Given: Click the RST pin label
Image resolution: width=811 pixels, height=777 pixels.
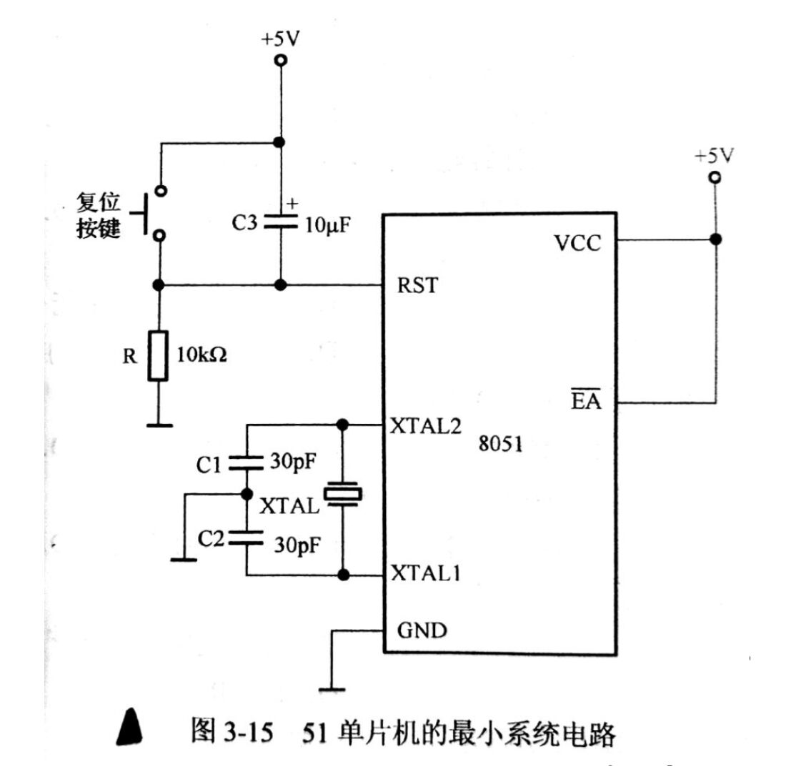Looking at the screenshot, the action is (417, 285).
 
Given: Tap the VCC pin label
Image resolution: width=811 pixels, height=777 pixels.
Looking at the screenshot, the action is (577, 242).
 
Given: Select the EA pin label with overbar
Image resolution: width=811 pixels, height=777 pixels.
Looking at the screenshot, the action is (586, 399).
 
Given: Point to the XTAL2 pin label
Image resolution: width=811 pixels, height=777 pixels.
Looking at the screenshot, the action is (425, 426).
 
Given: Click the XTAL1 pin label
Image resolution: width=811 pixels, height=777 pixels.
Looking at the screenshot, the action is (425, 573).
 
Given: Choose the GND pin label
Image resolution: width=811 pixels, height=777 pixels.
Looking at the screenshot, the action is (422, 630).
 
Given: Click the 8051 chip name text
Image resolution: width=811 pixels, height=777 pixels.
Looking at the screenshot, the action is (500, 444).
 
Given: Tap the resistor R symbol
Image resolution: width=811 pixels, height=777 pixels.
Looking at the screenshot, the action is (158, 356).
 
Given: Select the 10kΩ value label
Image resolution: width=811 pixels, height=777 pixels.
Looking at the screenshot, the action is (201, 355).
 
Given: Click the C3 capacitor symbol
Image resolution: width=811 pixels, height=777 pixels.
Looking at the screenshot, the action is (281, 222).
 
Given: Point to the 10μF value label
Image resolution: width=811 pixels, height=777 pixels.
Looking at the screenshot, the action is (327, 225).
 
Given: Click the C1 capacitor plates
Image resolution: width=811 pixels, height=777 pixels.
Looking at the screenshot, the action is (247, 463).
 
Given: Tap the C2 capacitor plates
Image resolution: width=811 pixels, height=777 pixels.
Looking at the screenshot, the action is (247, 538).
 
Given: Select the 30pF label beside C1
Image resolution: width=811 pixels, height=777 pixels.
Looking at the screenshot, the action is (293, 462).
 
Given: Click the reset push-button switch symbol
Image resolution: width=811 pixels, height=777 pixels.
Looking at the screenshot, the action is (149, 213).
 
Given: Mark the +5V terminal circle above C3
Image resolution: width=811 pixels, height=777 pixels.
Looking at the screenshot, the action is (281, 60).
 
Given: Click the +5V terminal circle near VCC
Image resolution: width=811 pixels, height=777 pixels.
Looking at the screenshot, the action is (715, 177).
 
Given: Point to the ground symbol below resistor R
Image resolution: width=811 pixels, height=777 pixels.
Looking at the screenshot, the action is (159, 425).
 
